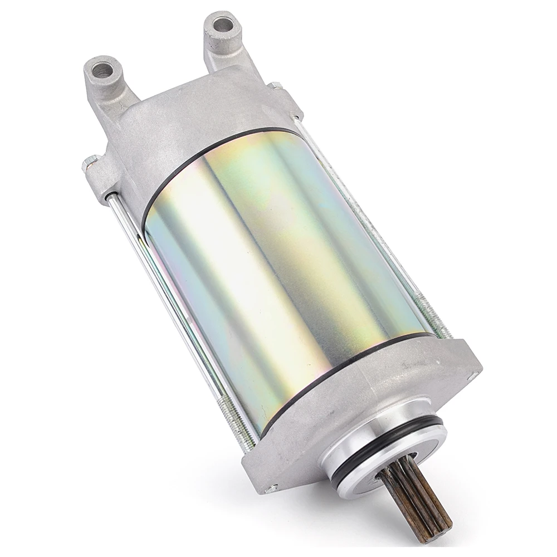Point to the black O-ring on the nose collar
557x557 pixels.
tap(390, 446)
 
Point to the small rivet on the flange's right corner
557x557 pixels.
tap(475, 368)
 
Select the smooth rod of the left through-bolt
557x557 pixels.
tap(167, 301)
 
